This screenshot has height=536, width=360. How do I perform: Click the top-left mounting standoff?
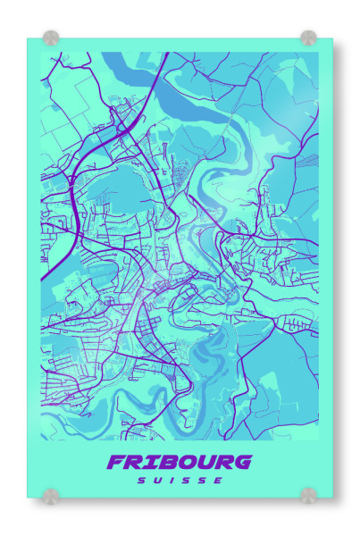[51, 38]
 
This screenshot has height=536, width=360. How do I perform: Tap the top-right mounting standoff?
[308, 38]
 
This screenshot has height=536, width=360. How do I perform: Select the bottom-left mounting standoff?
[51, 495]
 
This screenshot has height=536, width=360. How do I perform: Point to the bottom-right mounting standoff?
[308, 495]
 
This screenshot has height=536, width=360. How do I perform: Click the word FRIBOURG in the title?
[179, 463]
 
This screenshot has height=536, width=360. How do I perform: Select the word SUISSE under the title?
[180, 481]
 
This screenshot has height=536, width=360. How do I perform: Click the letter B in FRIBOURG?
[159, 463]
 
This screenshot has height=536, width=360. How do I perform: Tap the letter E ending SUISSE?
[220, 481]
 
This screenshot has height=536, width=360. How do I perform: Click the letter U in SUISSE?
[157, 481]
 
